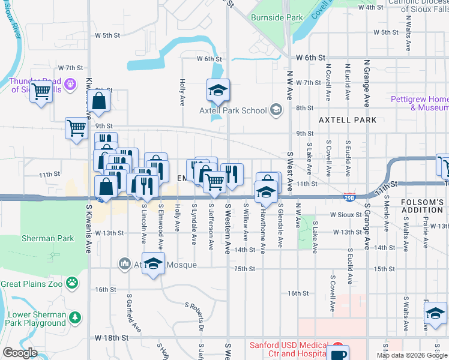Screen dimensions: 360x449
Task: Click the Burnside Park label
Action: [x=277, y=18]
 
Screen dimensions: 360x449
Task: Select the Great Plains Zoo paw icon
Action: [x=72, y=281]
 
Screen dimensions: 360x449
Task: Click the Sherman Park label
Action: [x=48, y=238]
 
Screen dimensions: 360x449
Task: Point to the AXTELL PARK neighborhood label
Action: [x=348, y=120]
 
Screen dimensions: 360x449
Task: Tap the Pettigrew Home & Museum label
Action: [x=419, y=103]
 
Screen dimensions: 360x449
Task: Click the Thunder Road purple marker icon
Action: [x=70, y=83]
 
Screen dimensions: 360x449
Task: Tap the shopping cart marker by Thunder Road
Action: [x=41, y=91]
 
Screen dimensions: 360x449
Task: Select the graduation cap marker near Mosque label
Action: [x=154, y=264]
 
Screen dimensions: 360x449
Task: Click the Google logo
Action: [x=20, y=353]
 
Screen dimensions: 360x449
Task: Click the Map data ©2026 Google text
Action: [x=411, y=355]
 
